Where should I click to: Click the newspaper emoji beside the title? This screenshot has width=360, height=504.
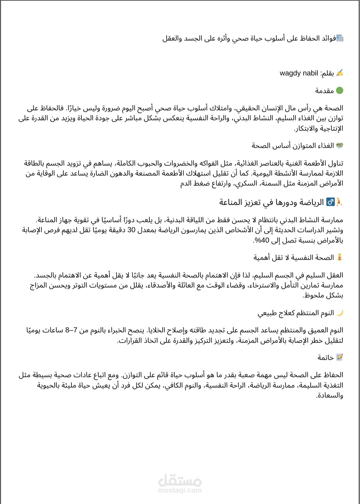[339, 38]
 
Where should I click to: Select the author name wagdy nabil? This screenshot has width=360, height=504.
[299, 73]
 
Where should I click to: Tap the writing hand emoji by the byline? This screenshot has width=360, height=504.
[340, 73]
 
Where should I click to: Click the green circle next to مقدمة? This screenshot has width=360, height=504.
[339, 91]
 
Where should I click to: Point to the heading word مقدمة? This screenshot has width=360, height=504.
[324, 91]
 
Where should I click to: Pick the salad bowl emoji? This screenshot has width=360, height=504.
[340, 145]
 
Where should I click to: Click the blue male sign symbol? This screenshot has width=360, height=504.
[330, 202]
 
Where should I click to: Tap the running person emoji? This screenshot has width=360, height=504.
[339, 202]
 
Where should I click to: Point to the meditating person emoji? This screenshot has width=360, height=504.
[340, 257]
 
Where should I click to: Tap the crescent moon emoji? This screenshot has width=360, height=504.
[340, 313]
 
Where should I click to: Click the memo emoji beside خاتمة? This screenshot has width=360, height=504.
[339, 357]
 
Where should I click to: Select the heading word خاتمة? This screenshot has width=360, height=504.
[325, 357]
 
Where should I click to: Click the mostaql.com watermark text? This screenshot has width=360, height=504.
[180, 490]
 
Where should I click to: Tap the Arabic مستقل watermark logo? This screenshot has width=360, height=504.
[180, 481]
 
